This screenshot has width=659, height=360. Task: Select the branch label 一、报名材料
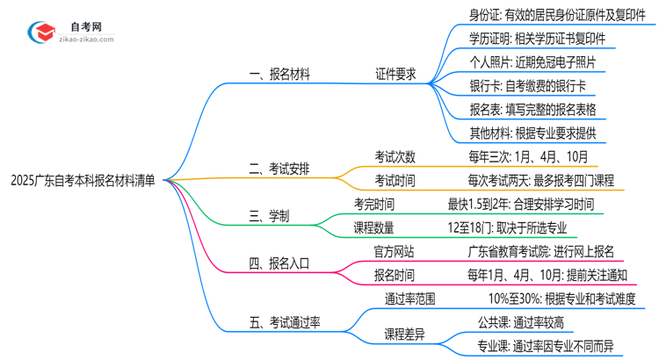280,75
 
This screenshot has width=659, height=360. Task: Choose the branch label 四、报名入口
280,261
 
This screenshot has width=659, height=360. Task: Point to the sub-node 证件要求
395,75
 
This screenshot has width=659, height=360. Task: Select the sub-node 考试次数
395,157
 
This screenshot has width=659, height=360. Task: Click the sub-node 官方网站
395,250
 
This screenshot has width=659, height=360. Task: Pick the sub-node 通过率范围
409,298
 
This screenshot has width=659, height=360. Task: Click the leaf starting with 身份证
548,14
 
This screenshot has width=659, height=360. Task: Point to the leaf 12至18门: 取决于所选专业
506,227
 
